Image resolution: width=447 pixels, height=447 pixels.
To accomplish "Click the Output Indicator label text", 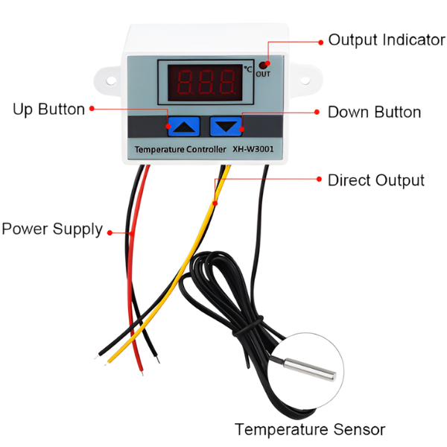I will click(386, 40).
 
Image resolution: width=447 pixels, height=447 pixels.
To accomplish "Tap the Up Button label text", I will click(49, 110).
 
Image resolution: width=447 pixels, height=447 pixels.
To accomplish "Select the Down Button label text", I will click(374, 112).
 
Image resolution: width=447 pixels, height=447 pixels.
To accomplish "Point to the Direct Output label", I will click(376, 180).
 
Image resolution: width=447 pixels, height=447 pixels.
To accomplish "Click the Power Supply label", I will click(51, 229).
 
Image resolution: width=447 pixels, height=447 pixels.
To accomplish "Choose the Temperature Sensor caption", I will click(309, 429).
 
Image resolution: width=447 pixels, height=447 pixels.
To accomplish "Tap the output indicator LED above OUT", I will click(264, 65).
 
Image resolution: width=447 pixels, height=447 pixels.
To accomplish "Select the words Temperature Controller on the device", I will click(180, 150).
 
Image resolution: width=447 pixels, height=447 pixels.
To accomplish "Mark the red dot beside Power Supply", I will click(110, 232).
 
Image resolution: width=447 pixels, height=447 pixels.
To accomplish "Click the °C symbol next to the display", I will click(248, 69).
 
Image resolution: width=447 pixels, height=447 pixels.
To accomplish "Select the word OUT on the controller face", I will click(264, 74).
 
